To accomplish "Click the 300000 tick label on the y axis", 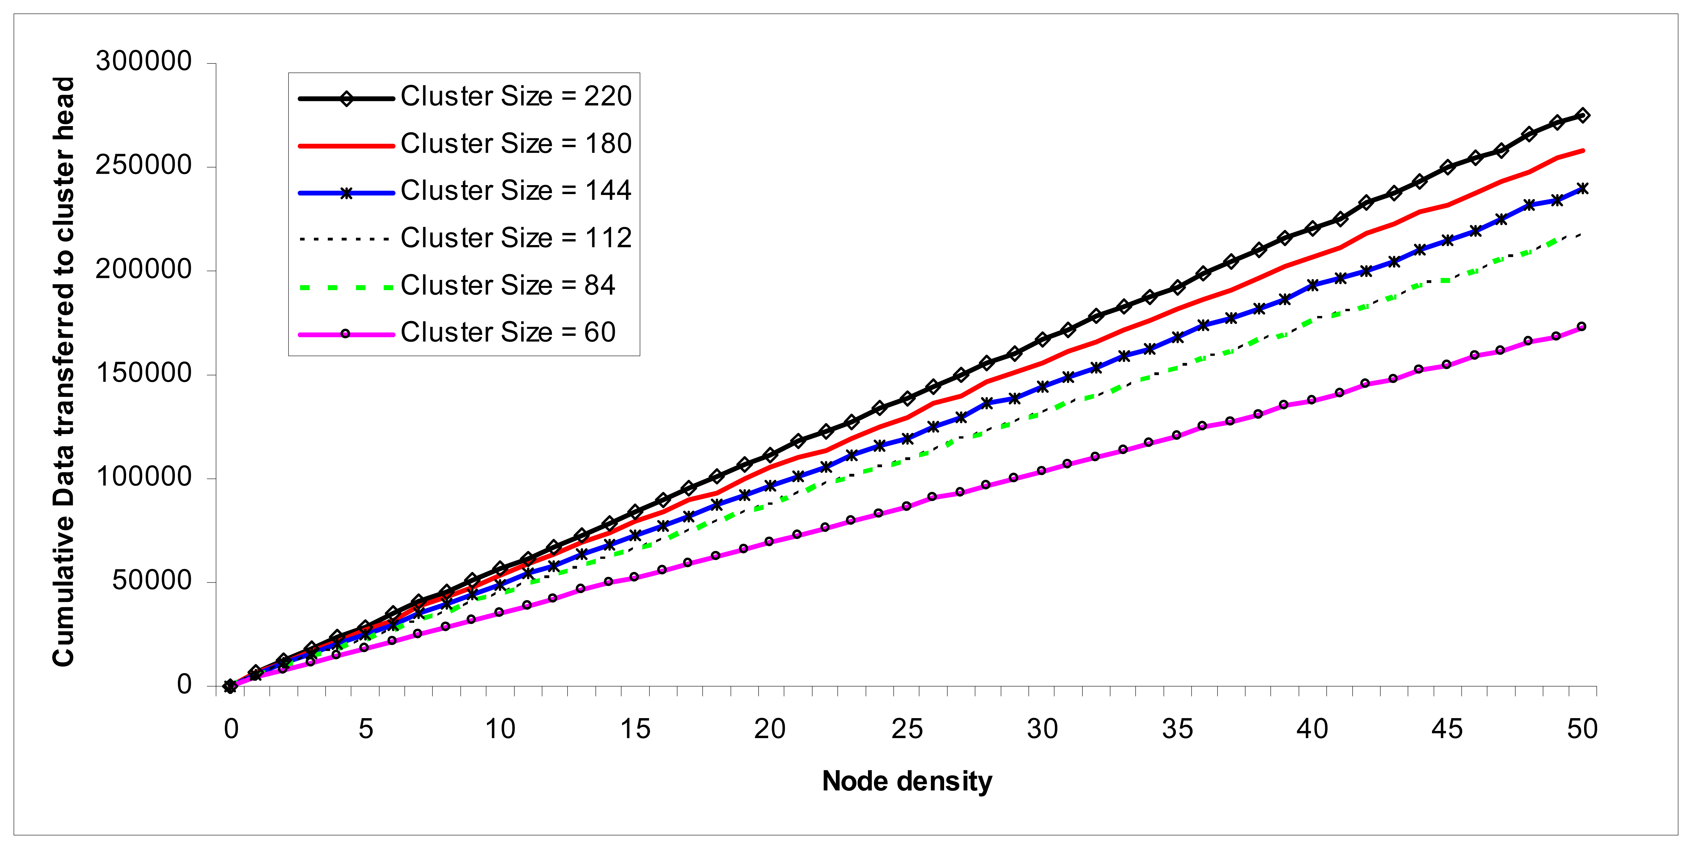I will coord(143,62).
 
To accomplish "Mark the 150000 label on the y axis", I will coord(143,374).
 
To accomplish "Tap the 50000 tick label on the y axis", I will coord(151,581).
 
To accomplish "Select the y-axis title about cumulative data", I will coord(64,372).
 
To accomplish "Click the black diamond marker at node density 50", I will coord(1582,116).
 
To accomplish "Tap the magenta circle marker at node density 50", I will coord(1582,326).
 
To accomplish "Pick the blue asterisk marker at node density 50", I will coord(1582,188).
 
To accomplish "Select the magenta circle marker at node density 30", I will coord(1041,471).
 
